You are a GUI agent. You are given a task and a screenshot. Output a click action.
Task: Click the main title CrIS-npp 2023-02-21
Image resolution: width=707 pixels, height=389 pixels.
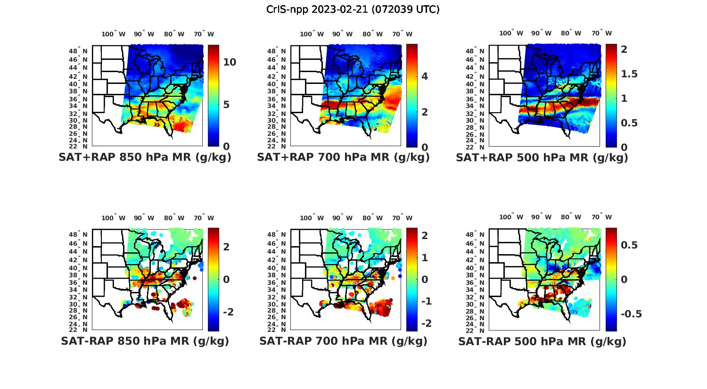[x=353, y=9]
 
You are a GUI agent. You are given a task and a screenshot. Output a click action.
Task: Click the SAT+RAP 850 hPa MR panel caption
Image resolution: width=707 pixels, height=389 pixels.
[x=145, y=157]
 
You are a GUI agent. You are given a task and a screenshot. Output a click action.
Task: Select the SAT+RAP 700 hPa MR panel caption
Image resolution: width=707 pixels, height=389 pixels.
[x=344, y=157]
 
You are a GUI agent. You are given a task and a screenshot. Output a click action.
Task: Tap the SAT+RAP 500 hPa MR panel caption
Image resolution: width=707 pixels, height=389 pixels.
[x=542, y=157]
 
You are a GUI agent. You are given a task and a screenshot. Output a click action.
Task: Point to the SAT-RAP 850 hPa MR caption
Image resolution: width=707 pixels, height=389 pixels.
[x=145, y=341]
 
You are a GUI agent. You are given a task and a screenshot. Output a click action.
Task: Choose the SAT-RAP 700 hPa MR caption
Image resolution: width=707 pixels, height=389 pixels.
[x=344, y=341]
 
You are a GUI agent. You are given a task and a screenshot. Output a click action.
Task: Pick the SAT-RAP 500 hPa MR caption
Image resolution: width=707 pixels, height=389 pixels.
[x=542, y=341]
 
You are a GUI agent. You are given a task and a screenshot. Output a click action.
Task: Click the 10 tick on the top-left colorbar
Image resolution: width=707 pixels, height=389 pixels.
[x=230, y=62]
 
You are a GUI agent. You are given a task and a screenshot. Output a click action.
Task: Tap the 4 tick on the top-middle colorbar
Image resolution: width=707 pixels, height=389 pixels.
[x=425, y=76]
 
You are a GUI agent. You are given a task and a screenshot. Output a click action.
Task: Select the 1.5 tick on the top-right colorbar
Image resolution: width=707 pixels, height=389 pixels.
[x=629, y=74]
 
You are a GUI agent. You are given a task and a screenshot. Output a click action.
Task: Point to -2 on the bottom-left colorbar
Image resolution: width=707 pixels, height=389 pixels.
[x=228, y=312]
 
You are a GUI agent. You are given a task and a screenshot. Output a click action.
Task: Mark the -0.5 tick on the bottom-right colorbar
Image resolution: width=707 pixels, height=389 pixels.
[x=631, y=314]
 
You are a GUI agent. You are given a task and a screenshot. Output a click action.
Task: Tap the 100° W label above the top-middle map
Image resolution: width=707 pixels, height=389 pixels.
[x=312, y=34]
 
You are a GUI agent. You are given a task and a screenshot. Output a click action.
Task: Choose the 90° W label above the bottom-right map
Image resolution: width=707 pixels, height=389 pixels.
[x=541, y=217]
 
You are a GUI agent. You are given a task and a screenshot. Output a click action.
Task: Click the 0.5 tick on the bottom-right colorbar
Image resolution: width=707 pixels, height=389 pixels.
[x=629, y=245]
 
